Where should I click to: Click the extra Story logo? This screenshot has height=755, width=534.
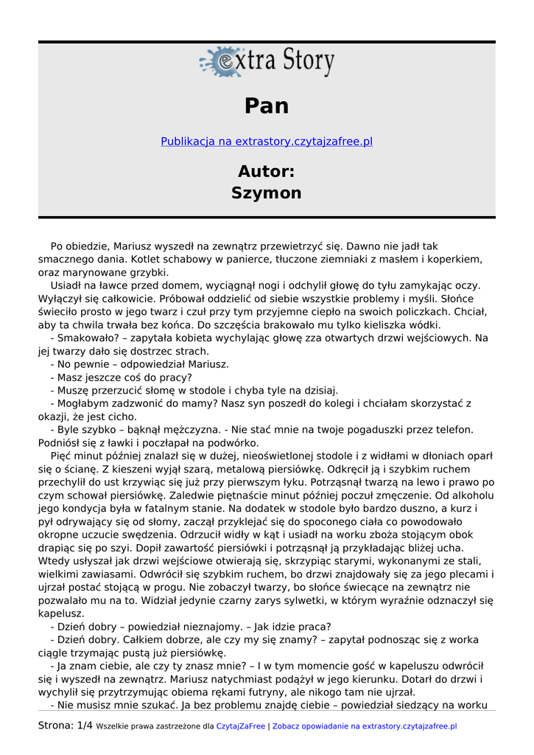[267, 62]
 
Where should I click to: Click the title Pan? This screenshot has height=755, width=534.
[267, 106]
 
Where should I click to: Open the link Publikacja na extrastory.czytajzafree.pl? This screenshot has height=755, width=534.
[267, 141]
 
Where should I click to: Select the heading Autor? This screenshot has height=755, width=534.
[267, 171]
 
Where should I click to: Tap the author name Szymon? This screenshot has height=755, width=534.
[267, 193]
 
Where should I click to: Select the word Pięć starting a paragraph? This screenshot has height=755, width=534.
[63, 456]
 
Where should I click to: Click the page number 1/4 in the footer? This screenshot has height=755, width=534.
[85, 726]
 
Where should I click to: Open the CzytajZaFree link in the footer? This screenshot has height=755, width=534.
[241, 726]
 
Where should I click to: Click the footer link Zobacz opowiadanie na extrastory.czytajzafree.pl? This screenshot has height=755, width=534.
[365, 726]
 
